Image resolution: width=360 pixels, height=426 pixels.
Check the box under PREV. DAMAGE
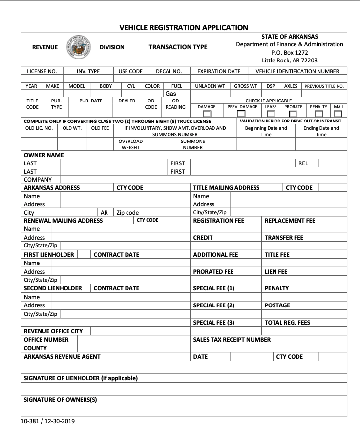(241, 114)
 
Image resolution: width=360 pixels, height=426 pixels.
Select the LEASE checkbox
(271, 114)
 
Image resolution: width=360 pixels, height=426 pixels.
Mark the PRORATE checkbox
(293, 114)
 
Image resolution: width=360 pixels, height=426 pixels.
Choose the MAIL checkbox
(338, 114)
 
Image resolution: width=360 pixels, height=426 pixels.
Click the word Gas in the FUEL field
(170, 93)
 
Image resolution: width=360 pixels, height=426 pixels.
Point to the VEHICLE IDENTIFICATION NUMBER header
(297, 71)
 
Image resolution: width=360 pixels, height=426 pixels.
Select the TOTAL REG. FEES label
(287, 323)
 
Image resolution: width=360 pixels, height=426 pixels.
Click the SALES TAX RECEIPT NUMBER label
(232, 340)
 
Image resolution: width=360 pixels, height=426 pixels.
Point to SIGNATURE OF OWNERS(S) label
(61, 400)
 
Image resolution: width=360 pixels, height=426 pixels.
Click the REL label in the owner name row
(303, 163)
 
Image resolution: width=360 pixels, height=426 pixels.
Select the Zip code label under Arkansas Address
(127, 213)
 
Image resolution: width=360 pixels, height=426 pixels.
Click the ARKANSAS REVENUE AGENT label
(62, 357)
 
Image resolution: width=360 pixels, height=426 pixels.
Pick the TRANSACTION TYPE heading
(178, 47)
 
